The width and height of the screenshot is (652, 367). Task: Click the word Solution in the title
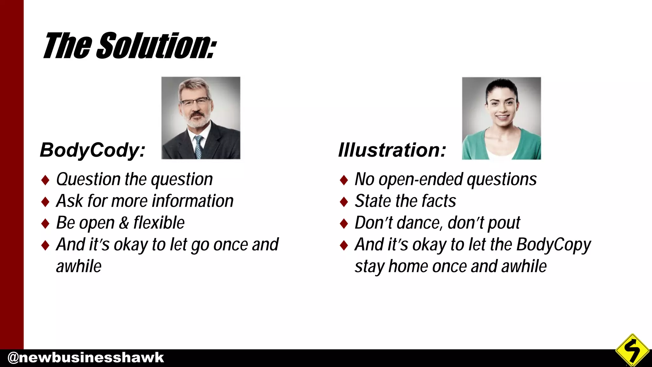(x=156, y=46)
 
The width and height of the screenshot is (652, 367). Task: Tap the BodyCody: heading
(x=92, y=150)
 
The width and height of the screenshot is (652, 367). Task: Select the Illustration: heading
(x=392, y=150)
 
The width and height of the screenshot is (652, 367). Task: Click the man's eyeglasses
(x=195, y=102)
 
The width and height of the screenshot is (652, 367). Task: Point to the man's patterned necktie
(x=199, y=147)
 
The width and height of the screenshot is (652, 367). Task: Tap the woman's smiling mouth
(x=502, y=117)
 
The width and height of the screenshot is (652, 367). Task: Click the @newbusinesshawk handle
(x=85, y=358)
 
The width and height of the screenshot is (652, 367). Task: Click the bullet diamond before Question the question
(x=46, y=180)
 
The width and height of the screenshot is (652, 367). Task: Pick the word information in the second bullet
(x=193, y=201)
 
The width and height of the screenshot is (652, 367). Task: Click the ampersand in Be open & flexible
(x=124, y=223)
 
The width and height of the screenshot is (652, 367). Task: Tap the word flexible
(x=159, y=223)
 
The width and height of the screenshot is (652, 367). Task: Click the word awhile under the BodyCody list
(x=79, y=266)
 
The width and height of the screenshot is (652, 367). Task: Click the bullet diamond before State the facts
(x=344, y=202)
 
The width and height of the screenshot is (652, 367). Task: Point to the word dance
(x=419, y=223)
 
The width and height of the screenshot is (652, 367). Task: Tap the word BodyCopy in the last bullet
(x=553, y=245)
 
